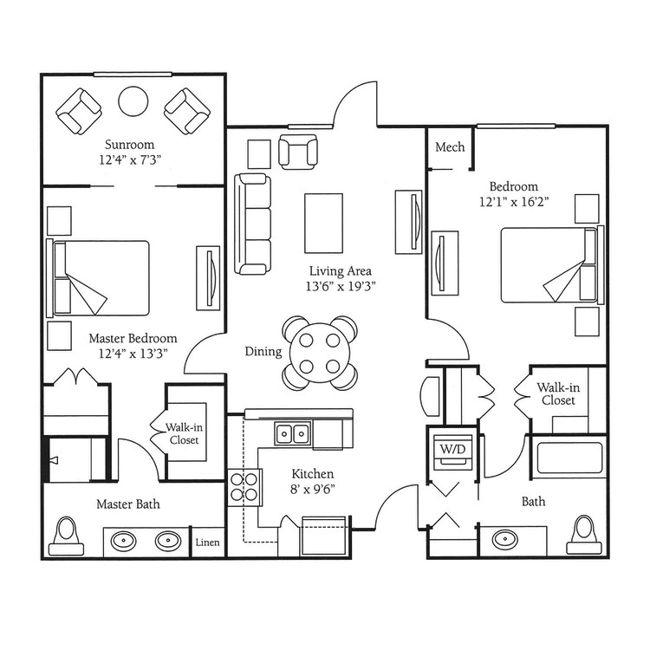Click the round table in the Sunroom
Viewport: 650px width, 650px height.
click(x=133, y=101)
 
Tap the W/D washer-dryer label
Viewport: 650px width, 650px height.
click(x=452, y=449)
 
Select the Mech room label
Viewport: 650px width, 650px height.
click(x=450, y=146)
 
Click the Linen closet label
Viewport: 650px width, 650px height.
click(x=207, y=543)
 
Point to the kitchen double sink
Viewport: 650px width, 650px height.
click(x=293, y=434)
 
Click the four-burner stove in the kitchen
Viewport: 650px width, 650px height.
click(x=245, y=487)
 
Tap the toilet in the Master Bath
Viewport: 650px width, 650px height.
click(x=67, y=536)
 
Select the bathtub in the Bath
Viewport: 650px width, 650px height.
click(x=569, y=458)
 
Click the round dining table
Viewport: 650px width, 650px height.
click(x=320, y=354)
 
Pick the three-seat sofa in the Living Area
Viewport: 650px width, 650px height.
click(x=252, y=224)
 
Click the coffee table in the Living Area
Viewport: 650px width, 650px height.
click(x=324, y=223)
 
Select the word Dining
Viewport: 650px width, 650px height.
click(x=263, y=352)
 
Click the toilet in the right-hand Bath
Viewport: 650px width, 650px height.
click(x=584, y=535)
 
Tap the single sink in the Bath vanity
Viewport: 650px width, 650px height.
click(x=505, y=539)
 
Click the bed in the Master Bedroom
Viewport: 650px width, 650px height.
click(x=98, y=277)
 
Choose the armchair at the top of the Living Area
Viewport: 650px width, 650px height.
click(x=298, y=152)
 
